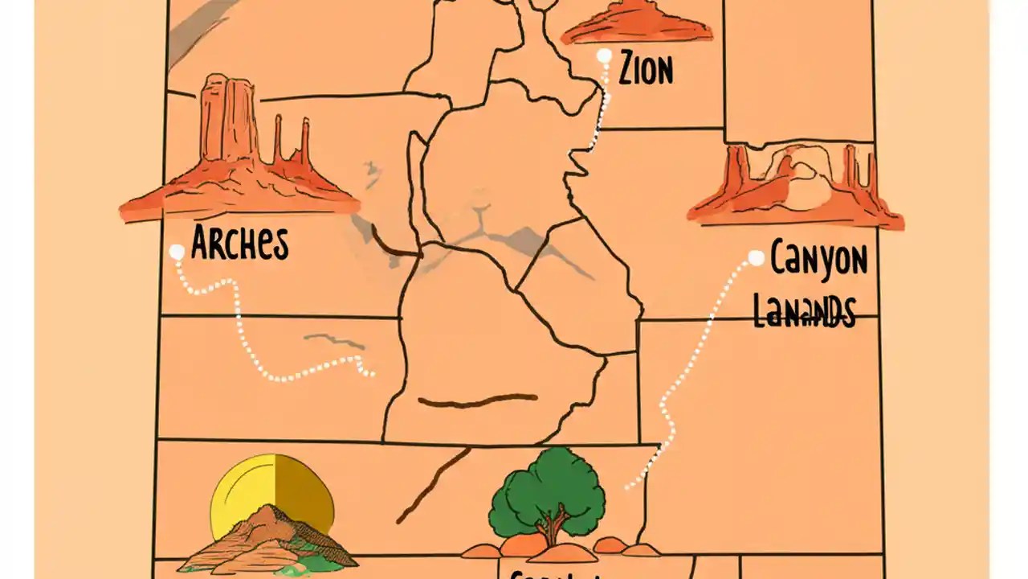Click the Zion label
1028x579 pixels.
[646, 69]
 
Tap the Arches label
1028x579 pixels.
[239, 242]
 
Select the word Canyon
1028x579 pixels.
[818, 261]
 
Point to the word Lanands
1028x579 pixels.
[803, 311]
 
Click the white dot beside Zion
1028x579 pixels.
[605, 56]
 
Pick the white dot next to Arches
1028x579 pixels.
[177, 252]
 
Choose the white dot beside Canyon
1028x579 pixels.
[756, 258]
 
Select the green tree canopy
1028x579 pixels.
[548, 489]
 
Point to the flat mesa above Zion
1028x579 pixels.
[636, 23]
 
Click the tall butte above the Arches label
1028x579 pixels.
[229, 121]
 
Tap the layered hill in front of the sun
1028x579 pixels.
[265, 543]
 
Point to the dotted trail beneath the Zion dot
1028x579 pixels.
[598, 121]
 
